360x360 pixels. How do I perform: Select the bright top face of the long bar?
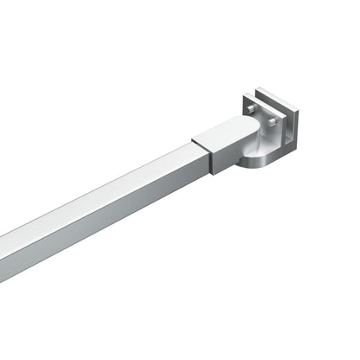104,191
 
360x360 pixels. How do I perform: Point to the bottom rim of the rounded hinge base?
260,170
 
